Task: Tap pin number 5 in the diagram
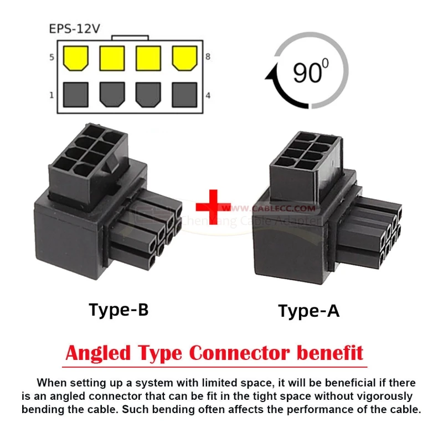point(51,57)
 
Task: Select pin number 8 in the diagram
point(208,57)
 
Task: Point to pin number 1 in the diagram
point(51,95)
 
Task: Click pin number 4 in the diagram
point(208,95)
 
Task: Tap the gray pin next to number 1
point(76,95)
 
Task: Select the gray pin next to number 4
point(184,95)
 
